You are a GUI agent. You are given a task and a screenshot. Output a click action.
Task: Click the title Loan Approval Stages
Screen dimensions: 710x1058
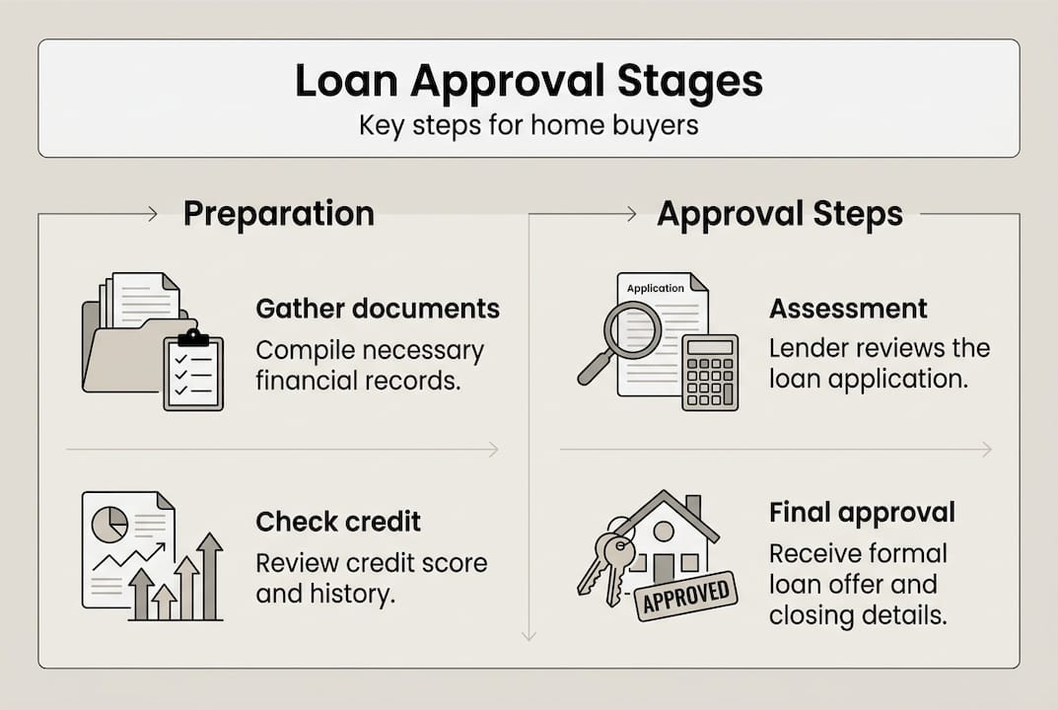[529, 83]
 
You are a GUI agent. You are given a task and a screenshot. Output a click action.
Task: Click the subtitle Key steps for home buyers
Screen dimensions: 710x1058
[529, 126]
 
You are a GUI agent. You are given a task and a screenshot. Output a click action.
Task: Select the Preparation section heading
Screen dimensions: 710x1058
[279, 214]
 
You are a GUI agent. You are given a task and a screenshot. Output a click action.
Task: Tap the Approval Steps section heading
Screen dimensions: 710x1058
[780, 214]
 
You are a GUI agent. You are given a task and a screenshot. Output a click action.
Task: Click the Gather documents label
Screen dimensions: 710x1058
[378, 309]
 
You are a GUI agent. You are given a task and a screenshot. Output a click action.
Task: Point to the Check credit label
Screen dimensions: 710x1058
[338, 521]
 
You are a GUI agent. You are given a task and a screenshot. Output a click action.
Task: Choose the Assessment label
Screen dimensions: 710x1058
[848, 309]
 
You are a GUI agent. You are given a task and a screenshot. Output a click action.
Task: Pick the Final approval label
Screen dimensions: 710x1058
[862, 513]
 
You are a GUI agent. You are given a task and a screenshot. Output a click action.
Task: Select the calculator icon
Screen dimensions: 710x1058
[710, 371]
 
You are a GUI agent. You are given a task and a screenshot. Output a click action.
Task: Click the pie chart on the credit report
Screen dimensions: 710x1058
[108, 524]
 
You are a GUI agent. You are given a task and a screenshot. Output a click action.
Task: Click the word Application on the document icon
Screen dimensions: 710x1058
[656, 288]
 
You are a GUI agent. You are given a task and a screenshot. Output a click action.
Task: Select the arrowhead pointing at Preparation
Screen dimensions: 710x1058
[152, 214]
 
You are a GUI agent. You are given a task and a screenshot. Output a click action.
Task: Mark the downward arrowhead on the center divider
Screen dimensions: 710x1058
[529, 636]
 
